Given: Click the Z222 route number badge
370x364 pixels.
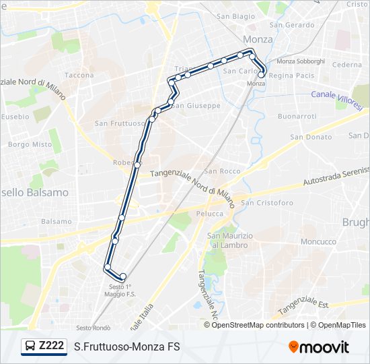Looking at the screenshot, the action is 44,346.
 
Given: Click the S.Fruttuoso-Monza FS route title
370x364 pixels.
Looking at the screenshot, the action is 127,347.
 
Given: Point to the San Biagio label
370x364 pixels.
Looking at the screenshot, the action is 235,16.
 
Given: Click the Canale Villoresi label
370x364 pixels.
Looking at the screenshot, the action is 336,95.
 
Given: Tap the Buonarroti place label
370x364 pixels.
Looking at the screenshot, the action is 297,117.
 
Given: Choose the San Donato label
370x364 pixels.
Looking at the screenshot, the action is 311,137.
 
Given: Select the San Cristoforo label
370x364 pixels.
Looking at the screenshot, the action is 267,203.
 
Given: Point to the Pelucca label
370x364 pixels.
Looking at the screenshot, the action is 210,214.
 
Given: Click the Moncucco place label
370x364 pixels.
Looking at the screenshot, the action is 318,241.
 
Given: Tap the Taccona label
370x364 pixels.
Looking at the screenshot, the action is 79,75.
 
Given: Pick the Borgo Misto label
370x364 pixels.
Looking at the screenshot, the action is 30,144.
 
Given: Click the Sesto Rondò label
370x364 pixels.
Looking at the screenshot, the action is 93,328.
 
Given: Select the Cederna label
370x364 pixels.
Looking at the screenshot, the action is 347,65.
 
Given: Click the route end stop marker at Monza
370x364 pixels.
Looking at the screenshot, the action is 261,75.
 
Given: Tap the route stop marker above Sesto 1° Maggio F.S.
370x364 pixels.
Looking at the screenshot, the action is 122,276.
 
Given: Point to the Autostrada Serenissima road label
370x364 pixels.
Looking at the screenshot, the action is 336,175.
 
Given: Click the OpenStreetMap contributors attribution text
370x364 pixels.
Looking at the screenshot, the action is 258,325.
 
